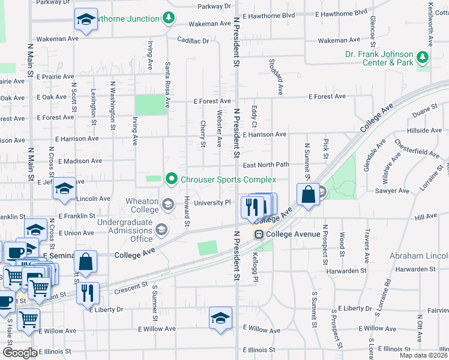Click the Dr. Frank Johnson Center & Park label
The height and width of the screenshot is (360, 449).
click(379, 58)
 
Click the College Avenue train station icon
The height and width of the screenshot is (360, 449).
click(259, 234)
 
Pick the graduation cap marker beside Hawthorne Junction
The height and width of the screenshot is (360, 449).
click(86, 20)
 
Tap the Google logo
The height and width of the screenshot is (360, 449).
click(19, 353)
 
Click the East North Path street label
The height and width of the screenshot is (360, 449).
click(266, 165)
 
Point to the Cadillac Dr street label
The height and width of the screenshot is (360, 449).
click(193, 41)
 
